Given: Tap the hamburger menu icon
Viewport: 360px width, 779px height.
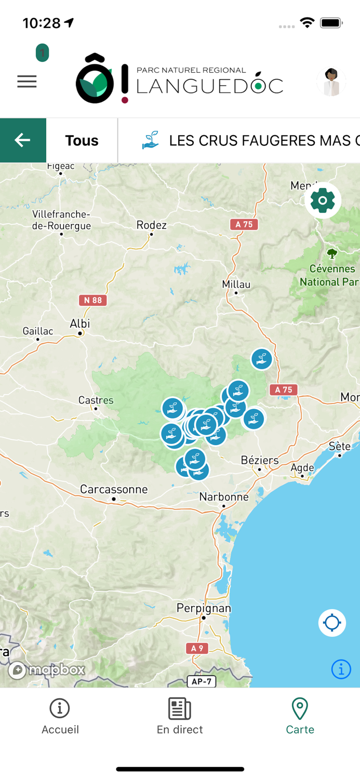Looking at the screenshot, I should pyautogui.click(x=27, y=82).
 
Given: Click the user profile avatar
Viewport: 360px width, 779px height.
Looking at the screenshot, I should pyautogui.click(x=331, y=82).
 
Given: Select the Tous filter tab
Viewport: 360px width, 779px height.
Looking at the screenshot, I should pyautogui.click(x=82, y=140).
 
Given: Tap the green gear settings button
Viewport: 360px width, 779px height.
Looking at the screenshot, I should pyautogui.click(x=323, y=200).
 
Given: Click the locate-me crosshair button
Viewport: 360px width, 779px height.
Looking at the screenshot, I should pyautogui.click(x=332, y=623).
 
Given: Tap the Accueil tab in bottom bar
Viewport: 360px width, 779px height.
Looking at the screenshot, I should pyautogui.click(x=60, y=717).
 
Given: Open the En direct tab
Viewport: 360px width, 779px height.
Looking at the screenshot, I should pyautogui.click(x=180, y=717).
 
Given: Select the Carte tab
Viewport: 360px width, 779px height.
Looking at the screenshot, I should pyautogui.click(x=300, y=717).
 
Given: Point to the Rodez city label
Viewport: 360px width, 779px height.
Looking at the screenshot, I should pyautogui.click(x=152, y=225).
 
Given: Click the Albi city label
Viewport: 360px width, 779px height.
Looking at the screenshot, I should pyautogui.click(x=80, y=324).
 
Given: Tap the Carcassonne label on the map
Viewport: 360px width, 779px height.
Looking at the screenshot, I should pyautogui.click(x=114, y=489).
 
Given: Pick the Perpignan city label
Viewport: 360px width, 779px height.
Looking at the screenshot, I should pyautogui.click(x=204, y=608).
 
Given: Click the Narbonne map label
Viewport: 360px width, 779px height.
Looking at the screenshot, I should pyautogui.click(x=224, y=497).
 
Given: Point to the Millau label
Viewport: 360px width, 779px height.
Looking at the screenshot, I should pyautogui.click(x=236, y=284).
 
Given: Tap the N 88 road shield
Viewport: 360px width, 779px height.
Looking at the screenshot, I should pyautogui.click(x=92, y=300).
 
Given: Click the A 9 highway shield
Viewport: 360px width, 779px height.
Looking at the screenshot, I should pyautogui.click(x=197, y=648).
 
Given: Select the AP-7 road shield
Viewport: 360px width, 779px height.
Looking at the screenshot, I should pyautogui.click(x=202, y=681).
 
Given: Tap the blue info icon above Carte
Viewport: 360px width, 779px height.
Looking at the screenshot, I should pyautogui.click(x=341, y=669).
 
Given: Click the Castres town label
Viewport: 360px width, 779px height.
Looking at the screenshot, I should pyautogui.click(x=96, y=400).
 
